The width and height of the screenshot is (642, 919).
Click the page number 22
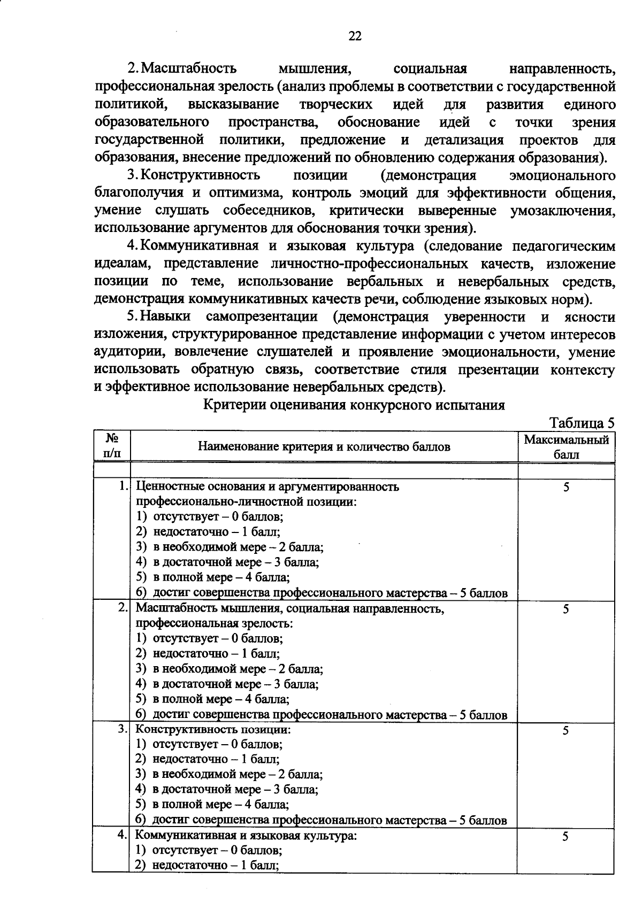[355, 36]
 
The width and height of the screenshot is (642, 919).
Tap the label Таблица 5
[582, 423]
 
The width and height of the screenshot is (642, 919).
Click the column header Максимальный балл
[566, 447]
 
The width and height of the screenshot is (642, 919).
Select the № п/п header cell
[111, 446]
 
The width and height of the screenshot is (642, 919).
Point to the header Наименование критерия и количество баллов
[324, 446]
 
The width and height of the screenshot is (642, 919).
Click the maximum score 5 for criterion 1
[566, 487]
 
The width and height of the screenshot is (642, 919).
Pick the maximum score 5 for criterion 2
[566, 609]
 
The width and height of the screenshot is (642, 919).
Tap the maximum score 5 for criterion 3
[566, 730]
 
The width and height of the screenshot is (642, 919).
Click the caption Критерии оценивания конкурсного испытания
[354, 405]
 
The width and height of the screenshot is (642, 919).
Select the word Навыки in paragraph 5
[166, 316]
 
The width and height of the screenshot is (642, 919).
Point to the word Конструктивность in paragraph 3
[201, 175]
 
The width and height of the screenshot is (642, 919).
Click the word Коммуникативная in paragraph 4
[201, 246]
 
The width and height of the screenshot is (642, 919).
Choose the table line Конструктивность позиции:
[213, 729]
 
